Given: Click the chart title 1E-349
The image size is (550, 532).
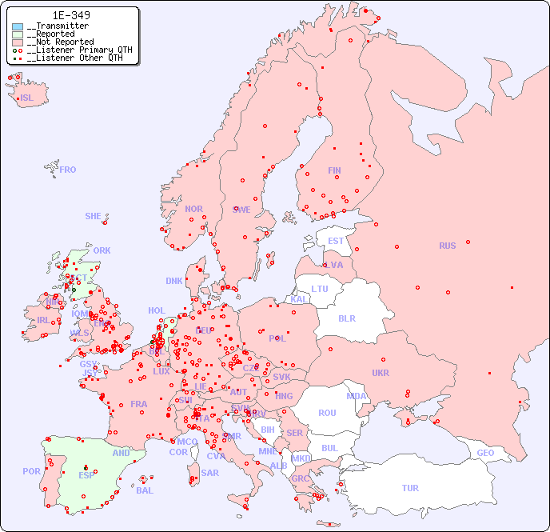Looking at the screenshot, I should pyautogui.click(x=71, y=15).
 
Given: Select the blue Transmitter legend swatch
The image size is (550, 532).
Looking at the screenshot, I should pyautogui.click(x=18, y=26).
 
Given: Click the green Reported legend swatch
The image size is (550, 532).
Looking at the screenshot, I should pyautogui.click(x=18, y=34).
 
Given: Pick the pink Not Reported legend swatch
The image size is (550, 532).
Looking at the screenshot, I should pyautogui.click(x=18, y=42).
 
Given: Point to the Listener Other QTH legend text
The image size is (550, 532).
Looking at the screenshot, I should pyautogui.click(x=74, y=58).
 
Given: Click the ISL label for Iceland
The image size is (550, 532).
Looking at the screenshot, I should pyautogui.click(x=27, y=98).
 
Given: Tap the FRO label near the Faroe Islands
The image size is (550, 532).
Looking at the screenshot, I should pyautogui.click(x=68, y=170).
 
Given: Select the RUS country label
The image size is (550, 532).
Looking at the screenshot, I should pyautogui.click(x=447, y=246).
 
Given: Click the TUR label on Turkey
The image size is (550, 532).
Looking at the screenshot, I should pyautogui.click(x=410, y=488).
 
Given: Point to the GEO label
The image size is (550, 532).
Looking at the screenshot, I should pyautogui.click(x=485, y=453).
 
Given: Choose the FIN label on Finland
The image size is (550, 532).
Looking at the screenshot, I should pyautogui.click(x=334, y=170).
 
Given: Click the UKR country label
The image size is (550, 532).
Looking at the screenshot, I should pyautogui.click(x=381, y=373).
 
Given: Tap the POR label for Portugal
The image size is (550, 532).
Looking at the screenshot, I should pyautogui.click(x=31, y=471).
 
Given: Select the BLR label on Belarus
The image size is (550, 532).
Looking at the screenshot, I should pyautogui.click(x=346, y=318).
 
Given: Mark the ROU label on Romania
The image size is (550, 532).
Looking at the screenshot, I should pyautogui.click(x=327, y=413).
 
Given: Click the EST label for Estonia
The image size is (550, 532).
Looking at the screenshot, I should pyautogui.click(x=336, y=241).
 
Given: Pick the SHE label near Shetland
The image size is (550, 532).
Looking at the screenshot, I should pyautogui.click(x=94, y=216).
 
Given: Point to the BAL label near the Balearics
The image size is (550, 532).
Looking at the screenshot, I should pyautogui.click(x=144, y=490).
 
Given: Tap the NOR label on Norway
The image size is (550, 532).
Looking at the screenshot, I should pyautogui.click(x=193, y=209).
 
